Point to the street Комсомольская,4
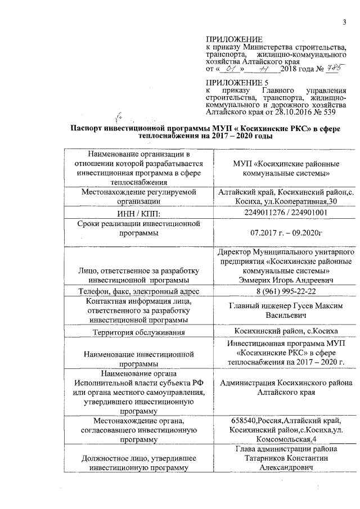tap(286, 439)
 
